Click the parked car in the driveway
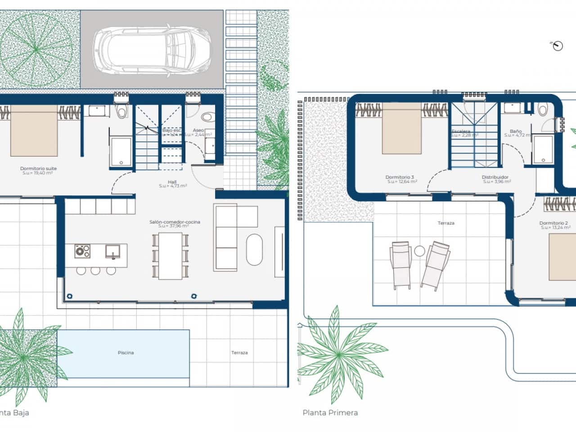152,49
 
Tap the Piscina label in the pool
126,353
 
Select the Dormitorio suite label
38,169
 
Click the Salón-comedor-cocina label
175,222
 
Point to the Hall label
172,182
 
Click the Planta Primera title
330,413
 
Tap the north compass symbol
557,45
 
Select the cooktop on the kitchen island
82,251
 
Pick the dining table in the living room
170,255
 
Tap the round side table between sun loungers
420,251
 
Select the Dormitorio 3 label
400,177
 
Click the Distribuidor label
495,177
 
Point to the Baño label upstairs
516,131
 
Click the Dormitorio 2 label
553,223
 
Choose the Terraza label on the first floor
446,223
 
